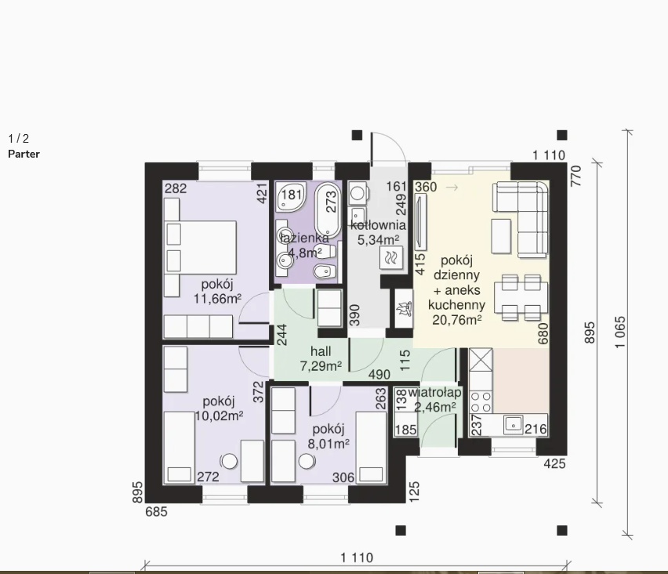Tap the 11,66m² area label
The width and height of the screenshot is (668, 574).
[x=217, y=299]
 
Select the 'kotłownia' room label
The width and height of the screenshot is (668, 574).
[x=379, y=225]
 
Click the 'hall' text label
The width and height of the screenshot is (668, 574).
[x=321, y=351]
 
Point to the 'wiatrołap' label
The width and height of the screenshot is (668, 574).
[x=434, y=392]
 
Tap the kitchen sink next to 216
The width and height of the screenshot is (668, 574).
[x=514, y=425]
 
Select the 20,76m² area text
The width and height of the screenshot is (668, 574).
[x=457, y=320]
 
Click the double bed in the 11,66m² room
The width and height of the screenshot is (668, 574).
[x=201, y=247]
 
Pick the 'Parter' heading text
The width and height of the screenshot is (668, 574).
[x=24, y=154]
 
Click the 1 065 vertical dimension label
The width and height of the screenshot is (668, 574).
[x=620, y=332]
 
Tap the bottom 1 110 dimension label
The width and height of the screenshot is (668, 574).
[x=357, y=558]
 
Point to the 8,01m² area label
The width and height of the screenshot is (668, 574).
[x=329, y=444]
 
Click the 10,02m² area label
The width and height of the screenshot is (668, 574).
[x=219, y=416]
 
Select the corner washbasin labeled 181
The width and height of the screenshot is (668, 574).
[x=292, y=197]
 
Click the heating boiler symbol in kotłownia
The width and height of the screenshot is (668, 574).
[x=390, y=257]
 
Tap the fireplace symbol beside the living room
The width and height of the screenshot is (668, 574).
[x=404, y=308]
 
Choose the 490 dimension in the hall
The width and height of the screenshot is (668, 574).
[x=379, y=375]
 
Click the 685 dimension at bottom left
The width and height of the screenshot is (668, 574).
[x=156, y=512]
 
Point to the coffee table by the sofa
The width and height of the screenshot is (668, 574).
[x=501, y=237]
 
